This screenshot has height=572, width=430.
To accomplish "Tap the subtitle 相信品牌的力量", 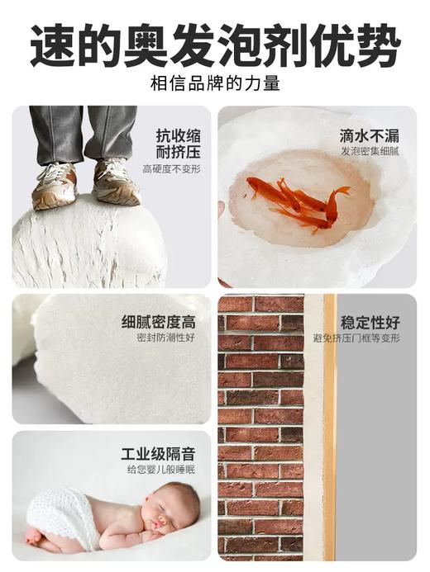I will pos(215,83).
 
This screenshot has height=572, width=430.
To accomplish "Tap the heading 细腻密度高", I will pos(159,321).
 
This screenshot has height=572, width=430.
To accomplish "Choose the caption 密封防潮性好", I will pos(165,338).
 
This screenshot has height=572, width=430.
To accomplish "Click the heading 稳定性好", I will pos(370,320).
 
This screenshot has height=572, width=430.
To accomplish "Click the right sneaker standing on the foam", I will pos(115,182).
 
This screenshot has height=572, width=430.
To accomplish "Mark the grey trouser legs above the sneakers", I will pos(83,132).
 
